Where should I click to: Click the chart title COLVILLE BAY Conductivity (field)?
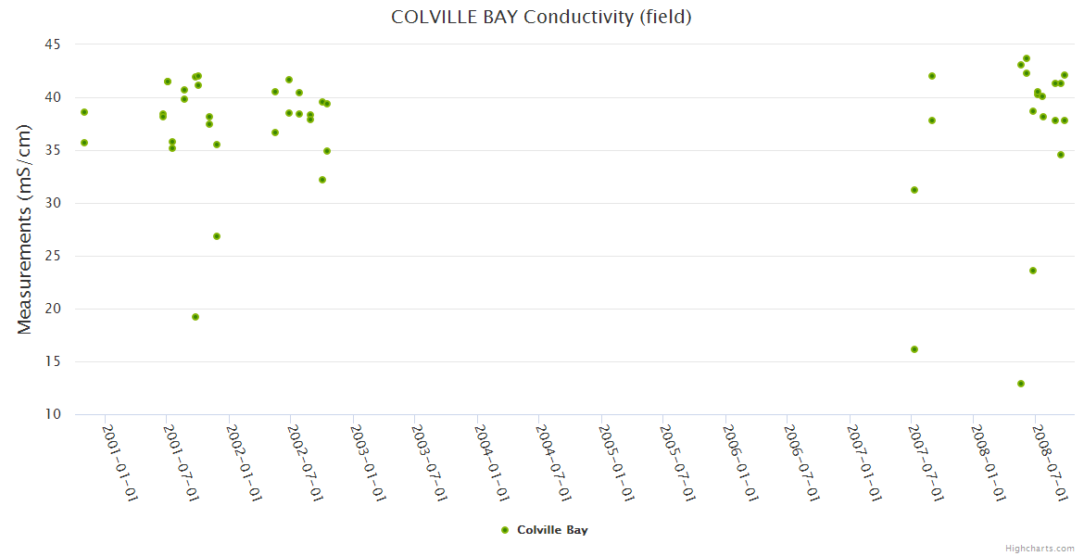pos(541,17)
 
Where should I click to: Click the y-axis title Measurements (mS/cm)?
pos(24,229)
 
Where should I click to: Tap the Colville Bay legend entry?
pos(544,530)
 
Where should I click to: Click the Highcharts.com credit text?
pos(1040,548)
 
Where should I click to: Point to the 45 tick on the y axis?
pos(52,44)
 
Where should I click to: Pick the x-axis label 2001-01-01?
pos(120,462)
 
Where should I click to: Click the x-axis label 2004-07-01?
pos(554,462)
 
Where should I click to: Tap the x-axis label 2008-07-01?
pos(1052,462)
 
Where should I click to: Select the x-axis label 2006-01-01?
pos(740,462)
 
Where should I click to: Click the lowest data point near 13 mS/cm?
pos(1021,384)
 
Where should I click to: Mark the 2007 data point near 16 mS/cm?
pos(914,349)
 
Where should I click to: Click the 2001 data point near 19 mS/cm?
pos(195,317)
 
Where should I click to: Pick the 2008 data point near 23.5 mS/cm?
pos(1033,271)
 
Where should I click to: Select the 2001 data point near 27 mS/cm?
pos(217,236)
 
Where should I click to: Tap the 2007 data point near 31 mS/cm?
pos(914,190)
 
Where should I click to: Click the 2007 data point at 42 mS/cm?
pos(932,76)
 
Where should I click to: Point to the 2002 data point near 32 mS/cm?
pos(322,180)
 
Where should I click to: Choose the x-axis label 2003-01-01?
pos(368,462)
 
